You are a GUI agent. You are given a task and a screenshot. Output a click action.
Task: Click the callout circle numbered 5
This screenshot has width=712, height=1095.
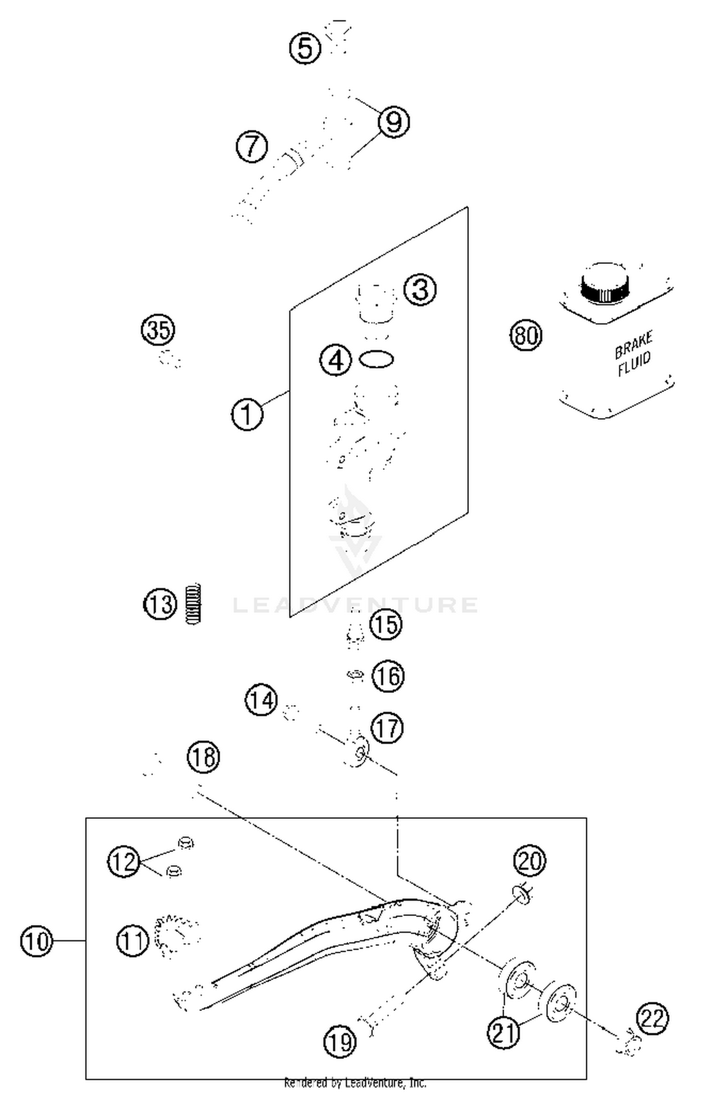tap(305, 48)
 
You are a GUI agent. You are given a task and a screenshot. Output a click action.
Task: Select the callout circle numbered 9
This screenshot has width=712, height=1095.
tap(394, 122)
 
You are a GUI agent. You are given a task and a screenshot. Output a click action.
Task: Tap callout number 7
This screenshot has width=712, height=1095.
tap(252, 146)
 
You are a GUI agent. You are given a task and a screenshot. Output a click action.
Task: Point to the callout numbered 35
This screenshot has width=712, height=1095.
tap(158, 329)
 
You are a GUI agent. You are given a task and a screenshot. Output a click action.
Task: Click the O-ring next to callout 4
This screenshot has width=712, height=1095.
tap(376, 359)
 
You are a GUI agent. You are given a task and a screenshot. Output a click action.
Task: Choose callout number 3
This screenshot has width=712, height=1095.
tap(420, 290)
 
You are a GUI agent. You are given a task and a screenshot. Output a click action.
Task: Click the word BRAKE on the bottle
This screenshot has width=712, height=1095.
tap(634, 346)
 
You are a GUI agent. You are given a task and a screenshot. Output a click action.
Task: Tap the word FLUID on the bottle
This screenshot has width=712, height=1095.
tap(634, 364)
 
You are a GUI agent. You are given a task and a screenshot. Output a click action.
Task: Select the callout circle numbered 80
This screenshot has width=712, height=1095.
tap(526, 336)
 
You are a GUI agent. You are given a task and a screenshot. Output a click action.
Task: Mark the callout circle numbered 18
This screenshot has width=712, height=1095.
tap(204, 756)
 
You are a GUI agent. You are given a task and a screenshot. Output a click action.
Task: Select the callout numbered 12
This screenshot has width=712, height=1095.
tap(124, 861)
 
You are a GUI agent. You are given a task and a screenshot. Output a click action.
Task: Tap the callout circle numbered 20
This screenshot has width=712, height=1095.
tap(529, 860)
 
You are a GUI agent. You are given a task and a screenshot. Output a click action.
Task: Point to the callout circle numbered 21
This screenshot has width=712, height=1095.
tap(504, 1031)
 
